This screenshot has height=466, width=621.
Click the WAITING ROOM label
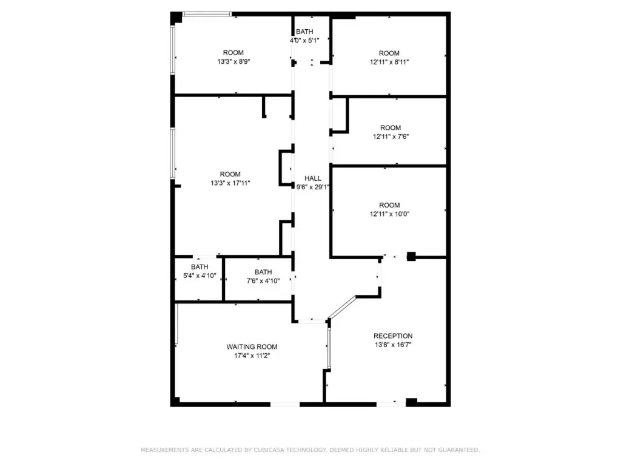point(252,346)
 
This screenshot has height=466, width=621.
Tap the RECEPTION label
point(393,336)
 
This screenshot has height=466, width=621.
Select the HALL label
point(313,178)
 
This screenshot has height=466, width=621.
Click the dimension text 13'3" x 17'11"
point(230,183)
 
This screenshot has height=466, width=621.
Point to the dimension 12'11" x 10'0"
point(390,214)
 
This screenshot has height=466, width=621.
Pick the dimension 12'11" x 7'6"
point(391,137)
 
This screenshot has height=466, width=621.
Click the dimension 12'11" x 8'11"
point(389,62)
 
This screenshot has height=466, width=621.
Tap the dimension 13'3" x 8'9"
point(233,61)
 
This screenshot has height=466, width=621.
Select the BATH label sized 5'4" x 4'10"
point(200,267)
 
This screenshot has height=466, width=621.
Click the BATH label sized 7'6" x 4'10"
point(263,272)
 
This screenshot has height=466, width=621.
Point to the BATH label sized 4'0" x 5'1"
point(304,32)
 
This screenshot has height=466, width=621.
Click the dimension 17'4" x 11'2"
point(252,356)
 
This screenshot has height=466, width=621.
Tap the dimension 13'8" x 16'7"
point(393,345)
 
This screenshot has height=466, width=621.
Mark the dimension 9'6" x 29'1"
point(313,187)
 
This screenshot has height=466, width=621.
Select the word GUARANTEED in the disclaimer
point(460,450)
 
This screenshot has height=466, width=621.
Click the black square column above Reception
point(411,257)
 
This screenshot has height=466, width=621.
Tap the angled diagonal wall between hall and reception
point(342,308)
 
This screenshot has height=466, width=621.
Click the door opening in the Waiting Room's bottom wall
point(285,404)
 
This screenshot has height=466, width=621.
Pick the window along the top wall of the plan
point(207,15)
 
